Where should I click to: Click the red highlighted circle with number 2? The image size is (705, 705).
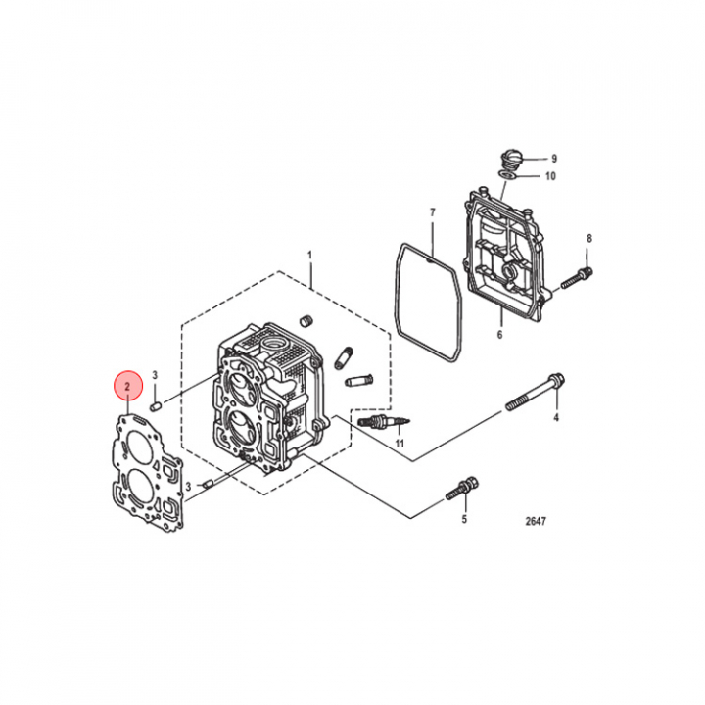[x=127, y=386]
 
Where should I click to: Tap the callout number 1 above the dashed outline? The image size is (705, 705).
[x=309, y=256]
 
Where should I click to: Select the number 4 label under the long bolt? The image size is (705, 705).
[x=556, y=418]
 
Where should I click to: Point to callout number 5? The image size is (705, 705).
[x=464, y=519]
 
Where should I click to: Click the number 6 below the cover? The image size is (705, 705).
[x=499, y=335]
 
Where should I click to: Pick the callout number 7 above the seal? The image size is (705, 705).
[x=433, y=212]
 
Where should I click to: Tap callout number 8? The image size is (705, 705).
[x=589, y=238]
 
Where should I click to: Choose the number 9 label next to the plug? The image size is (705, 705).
[x=554, y=159]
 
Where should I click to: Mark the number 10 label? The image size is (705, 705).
[x=550, y=176]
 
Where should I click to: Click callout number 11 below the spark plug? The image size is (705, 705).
[x=399, y=444]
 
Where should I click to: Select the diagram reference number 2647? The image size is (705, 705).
[x=536, y=521]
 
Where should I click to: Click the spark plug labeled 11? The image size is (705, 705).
[x=384, y=422]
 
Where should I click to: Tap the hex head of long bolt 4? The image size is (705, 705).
[x=556, y=381]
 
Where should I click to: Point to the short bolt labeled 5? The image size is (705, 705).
[x=461, y=490]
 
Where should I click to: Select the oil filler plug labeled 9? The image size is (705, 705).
[x=510, y=160]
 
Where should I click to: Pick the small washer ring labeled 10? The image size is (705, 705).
[x=506, y=174]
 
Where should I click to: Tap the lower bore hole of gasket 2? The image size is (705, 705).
[x=141, y=485]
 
